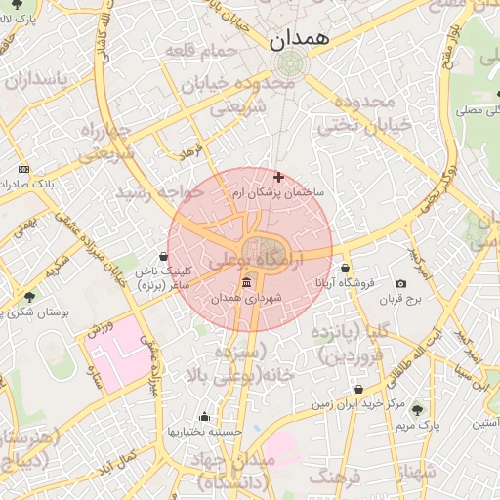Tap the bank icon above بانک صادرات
[x=24, y=169]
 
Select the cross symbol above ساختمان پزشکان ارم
[x=279, y=177]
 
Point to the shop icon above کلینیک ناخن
[x=163, y=256]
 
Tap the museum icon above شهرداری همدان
[x=230, y=281]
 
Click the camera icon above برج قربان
[x=400, y=283]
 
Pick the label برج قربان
[x=400, y=300]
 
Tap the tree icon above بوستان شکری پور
[x=29, y=296]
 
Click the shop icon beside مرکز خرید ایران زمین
[x=359, y=390]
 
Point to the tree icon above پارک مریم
[x=418, y=410]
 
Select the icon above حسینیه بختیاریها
[x=203, y=416]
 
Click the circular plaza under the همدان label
[x=288, y=64]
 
